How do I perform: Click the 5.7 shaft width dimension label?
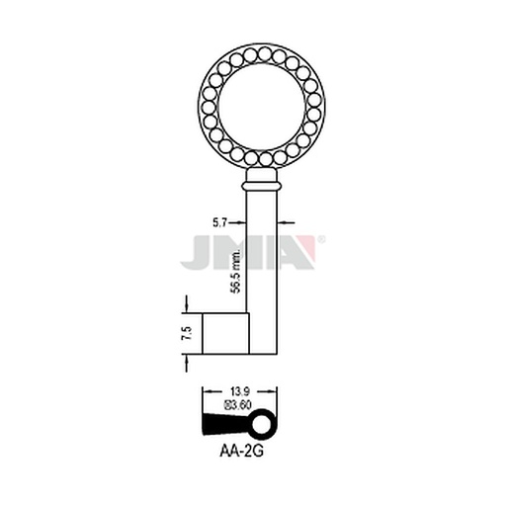(x=219, y=223)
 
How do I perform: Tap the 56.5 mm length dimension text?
(x=236, y=271)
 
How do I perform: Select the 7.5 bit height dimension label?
(x=187, y=333)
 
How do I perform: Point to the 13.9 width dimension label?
(x=241, y=392)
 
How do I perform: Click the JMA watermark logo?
(x=249, y=252)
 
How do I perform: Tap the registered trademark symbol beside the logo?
(x=322, y=239)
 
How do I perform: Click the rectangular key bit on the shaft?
(x=225, y=334)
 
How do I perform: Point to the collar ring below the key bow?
(x=262, y=186)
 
